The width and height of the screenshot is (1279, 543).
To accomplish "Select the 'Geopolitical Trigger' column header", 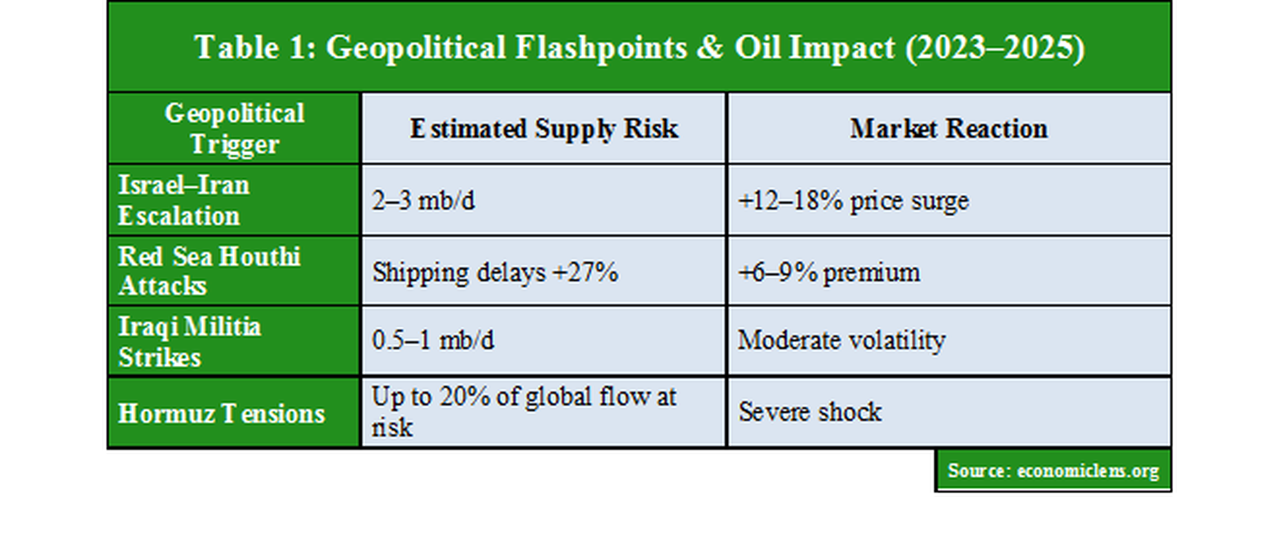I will (234, 129).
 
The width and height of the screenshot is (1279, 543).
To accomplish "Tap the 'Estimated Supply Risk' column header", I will (544, 129).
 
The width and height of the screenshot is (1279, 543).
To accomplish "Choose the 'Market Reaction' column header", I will (948, 129).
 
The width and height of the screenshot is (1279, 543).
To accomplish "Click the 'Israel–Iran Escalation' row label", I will (184, 200).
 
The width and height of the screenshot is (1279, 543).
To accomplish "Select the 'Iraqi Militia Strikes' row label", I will (189, 341).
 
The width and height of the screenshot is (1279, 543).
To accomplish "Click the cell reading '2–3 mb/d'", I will (423, 200).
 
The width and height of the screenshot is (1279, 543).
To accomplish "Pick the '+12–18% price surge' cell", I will (853, 200).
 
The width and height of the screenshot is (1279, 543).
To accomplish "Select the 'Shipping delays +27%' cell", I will (495, 272).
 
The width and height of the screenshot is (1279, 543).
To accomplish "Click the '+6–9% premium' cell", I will (829, 272).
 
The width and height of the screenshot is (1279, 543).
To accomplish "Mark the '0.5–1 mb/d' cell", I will (433, 340).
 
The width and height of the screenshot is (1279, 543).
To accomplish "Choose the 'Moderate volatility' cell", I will (841, 340).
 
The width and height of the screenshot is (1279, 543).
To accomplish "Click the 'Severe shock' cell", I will (809, 412).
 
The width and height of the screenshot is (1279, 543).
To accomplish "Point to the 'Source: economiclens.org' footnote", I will (1053, 471).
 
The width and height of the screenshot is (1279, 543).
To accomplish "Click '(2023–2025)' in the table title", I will (995, 48).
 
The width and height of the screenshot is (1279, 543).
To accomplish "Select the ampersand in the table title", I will (710, 48).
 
